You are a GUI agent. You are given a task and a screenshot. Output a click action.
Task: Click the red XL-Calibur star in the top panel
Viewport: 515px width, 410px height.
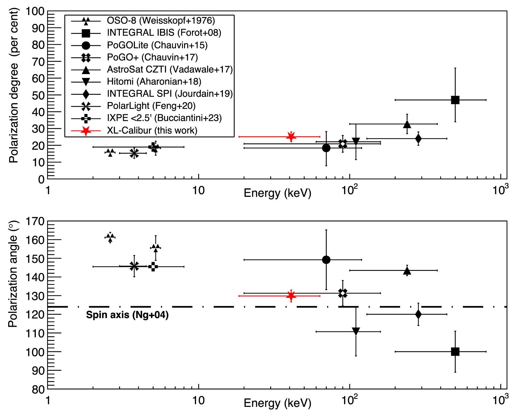tap(291, 137)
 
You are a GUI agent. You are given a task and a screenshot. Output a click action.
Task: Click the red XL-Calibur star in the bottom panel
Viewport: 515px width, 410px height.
tap(291, 296)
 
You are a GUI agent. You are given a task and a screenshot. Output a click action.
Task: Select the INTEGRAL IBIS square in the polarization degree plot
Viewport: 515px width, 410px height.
tap(455, 100)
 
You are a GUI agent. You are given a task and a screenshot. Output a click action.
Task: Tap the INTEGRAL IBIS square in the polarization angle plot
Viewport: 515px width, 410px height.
tap(455, 352)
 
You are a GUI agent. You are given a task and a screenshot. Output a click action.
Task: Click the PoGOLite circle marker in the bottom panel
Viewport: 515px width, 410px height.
tap(326, 260)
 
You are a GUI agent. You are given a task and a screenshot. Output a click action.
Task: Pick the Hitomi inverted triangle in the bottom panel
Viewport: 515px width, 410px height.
tap(356, 331)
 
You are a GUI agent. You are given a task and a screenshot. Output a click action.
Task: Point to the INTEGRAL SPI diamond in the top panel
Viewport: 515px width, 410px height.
tap(418, 138)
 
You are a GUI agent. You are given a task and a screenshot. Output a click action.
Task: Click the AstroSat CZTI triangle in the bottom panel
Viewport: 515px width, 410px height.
tap(407, 270)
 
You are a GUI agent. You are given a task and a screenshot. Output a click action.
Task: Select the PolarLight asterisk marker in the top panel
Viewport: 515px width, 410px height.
tap(134, 153)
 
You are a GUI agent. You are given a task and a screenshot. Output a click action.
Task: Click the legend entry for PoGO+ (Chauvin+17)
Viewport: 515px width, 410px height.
tap(152, 57)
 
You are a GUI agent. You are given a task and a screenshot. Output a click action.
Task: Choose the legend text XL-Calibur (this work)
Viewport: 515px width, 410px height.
tap(152, 130)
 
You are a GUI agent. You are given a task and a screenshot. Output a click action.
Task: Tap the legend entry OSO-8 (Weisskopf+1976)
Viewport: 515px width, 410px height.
tap(161, 21)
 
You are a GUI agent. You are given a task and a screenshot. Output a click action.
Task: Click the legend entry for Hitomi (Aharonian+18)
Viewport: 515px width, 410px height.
tap(154, 82)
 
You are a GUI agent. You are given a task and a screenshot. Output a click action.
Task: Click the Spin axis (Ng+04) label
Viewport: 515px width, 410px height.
tap(127, 315)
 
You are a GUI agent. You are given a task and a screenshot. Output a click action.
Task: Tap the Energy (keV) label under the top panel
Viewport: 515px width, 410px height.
tap(277, 193)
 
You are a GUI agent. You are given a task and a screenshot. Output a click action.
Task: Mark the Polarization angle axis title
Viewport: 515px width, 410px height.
tap(13, 274)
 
